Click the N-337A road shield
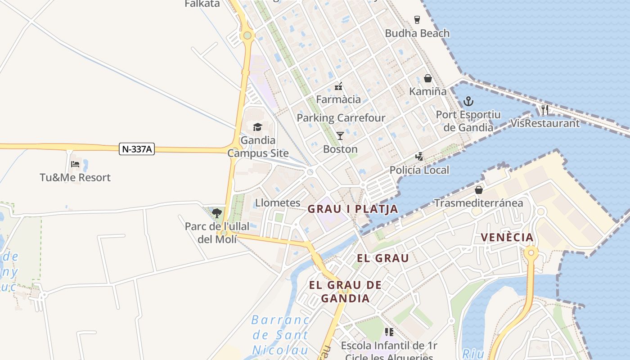tap(137, 149)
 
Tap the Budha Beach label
tap(417, 33)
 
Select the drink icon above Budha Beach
tap(417, 20)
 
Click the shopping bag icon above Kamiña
tap(428, 78)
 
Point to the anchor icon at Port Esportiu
tap(468, 101)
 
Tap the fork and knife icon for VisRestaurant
tap(545, 109)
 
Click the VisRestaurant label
tap(545, 123)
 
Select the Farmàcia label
tap(338, 99)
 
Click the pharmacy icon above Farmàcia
tap(338, 86)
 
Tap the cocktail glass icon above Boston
tap(340, 135)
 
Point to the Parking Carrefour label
tap(341, 118)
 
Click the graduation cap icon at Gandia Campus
tap(257, 127)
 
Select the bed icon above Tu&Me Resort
tap(75, 164)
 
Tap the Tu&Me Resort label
tap(75, 177)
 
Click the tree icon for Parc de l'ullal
tap(217, 213)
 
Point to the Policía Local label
tap(419, 170)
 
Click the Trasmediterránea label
tap(478, 203)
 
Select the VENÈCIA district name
tap(507, 237)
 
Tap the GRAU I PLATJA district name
tap(353, 209)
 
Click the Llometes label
tap(278, 203)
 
